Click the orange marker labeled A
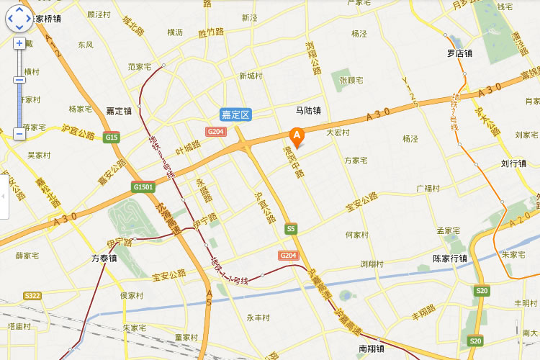tap(296, 135)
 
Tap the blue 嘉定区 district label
tap(235, 114)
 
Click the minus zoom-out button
tap(19, 133)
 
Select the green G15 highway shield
tap(111, 137)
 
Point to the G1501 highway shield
tap(143, 187)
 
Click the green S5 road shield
tap(291, 229)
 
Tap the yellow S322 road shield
tap(32, 296)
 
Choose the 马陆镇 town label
tap(308, 110)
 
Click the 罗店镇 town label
tap(459, 53)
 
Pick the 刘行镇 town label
tap(513, 163)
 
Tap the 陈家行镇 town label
tap(450, 258)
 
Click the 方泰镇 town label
tap(104, 258)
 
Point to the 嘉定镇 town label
tap(118, 111)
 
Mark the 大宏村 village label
tap(338, 132)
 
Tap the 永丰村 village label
tap(258, 318)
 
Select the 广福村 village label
tap(428, 189)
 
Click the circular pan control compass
tap(19, 19)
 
